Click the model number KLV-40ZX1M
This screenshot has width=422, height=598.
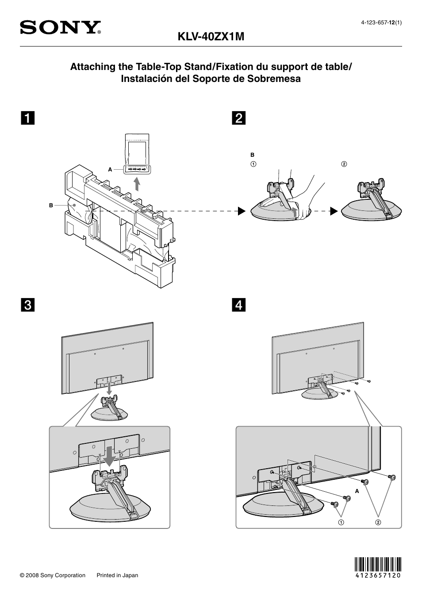point(211,37)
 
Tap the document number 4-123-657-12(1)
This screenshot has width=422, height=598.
point(381,23)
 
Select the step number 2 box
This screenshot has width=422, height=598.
point(238,118)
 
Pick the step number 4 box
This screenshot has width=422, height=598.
point(238,305)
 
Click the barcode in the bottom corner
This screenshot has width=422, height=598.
point(378,567)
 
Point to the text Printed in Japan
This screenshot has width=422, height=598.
point(117,575)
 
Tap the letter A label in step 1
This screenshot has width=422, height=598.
point(110,169)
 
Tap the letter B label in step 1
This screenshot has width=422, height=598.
point(51,206)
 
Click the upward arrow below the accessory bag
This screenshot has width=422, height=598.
point(138,183)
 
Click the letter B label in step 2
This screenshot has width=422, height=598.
point(253,155)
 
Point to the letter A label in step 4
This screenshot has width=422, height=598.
point(357,491)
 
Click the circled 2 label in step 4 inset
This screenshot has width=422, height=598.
point(378,522)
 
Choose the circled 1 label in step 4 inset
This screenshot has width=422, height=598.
point(341,522)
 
